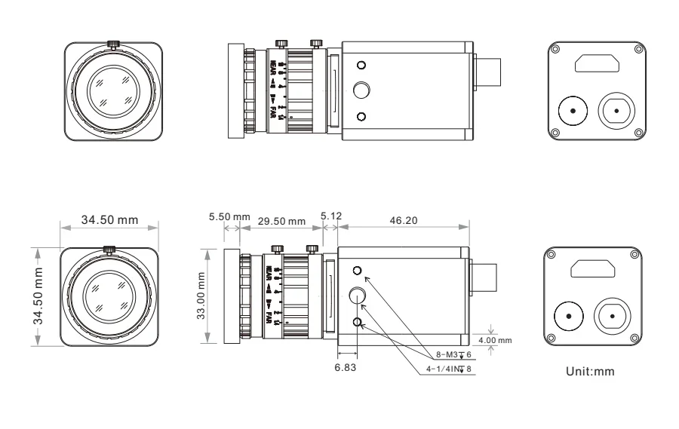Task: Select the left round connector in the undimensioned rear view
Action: (572, 112)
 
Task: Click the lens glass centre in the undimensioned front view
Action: (113, 91)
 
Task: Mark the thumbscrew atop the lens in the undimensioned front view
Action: (113, 44)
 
